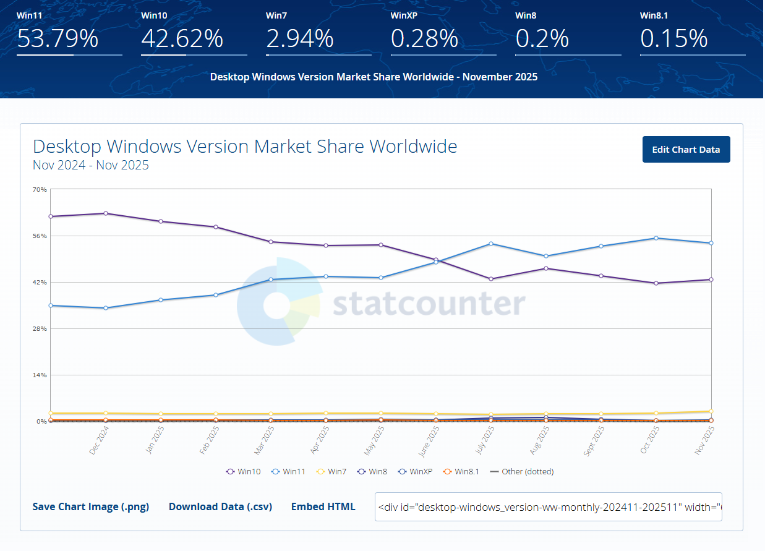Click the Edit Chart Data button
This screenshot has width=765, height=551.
pos(686,150)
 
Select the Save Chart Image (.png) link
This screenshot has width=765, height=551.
pos(91,506)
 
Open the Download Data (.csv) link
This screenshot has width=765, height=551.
pos(220,506)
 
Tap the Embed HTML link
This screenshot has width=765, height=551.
pos(323,506)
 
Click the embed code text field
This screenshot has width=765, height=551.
pos(548,507)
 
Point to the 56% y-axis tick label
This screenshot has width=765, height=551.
pos(40,236)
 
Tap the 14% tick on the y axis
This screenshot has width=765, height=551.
pos(40,375)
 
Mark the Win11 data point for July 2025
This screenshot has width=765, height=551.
pos(491,244)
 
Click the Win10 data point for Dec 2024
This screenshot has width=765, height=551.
pos(106,213)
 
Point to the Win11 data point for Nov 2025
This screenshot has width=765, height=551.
pos(711,243)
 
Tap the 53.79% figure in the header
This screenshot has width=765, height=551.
pos(58,39)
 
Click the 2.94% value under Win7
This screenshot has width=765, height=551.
pos(300,39)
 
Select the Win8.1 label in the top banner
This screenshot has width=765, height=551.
pos(654,15)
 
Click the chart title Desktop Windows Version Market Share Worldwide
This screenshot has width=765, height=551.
pos(245,147)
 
